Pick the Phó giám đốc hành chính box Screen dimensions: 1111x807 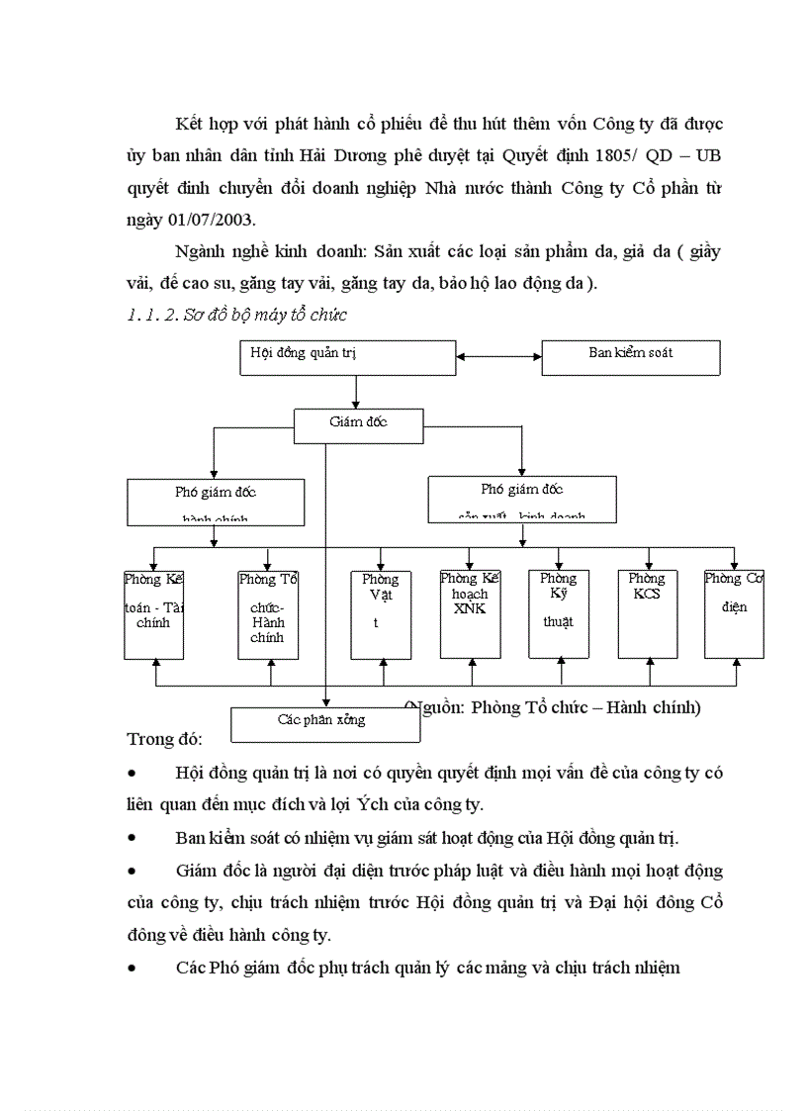pos(215,503)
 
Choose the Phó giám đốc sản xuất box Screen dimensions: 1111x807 pos(521,499)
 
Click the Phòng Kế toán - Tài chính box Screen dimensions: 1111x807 pos(154,614)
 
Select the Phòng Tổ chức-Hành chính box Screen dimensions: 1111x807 pos(268,614)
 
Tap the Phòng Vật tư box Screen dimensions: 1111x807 pos(381,614)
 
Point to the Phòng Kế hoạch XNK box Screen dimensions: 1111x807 pos(471,614)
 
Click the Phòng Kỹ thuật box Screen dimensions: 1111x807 pos(559,614)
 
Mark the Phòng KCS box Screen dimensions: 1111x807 pos(648,614)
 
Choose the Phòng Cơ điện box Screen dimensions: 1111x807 pos(734,614)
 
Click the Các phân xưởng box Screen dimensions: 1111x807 pos(324,723)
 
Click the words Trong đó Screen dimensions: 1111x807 pos(164,739)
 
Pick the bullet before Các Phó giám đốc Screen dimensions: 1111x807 pos(133,968)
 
